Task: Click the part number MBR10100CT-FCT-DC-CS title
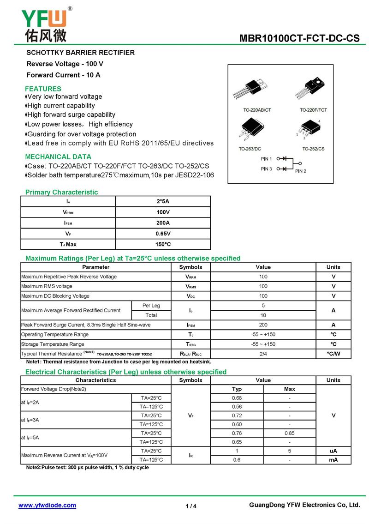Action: coord(299,38)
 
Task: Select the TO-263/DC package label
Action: coord(250,149)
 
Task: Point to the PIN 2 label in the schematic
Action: coord(301,171)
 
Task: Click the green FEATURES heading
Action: coord(43,89)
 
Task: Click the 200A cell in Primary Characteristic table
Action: coord(163,223)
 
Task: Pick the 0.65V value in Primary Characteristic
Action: coord(163,234)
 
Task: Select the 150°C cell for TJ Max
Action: coord(163,244)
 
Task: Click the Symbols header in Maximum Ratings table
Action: coord(190,267)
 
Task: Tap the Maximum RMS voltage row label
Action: coord(47,286)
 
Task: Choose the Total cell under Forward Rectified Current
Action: coord(151,315)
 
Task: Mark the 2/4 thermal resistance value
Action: coord(263,354)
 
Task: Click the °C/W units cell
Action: coord(333,354)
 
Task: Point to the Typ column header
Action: coord(237,389)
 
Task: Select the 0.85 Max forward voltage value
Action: coord(290,433)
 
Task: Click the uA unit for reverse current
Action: coord(333,451)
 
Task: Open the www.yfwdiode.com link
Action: coord(47,506)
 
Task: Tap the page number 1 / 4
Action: coord(191,506)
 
